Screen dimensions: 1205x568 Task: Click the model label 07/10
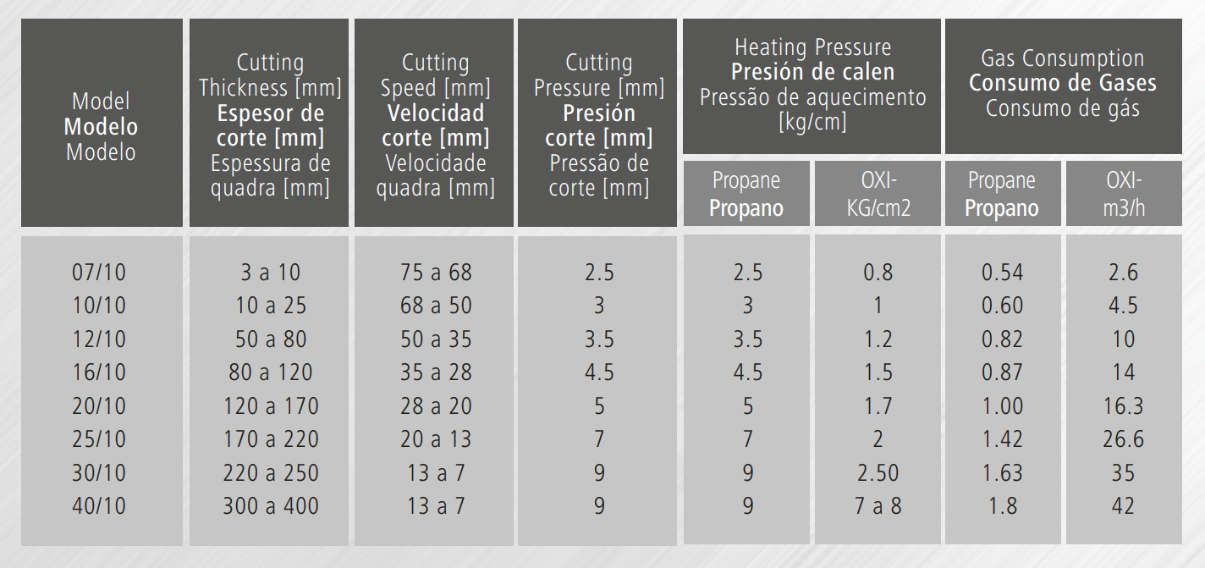click(x=99, y=273)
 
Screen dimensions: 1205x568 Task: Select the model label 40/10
click(x=99, y=506)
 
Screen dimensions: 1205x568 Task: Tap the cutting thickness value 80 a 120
click(x=271, y=372)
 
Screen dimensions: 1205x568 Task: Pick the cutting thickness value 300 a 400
click(x=271, y=506)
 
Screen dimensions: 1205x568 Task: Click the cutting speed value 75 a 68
click(x=436, y=273)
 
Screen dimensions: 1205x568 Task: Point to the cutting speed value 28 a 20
click(x=436, y=406)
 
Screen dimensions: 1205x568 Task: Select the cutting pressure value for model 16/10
click(x=599, y=372)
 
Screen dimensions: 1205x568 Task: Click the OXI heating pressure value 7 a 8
click(x=878, y=506)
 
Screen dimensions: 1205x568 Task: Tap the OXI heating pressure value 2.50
click(x=878, y=473)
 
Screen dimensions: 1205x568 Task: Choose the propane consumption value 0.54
click(x=1002, y=273)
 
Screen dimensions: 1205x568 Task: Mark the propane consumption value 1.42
click(x=1002, y=439)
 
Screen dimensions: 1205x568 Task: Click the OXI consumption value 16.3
click(x=1123, y=406)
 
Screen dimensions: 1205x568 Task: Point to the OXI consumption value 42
click(x=1123, y=506)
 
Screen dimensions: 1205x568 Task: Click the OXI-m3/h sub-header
click(x=1124, y=194)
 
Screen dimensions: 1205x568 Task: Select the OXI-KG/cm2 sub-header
click(x=878, y=194)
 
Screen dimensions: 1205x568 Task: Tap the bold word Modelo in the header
click(x=101, y=127)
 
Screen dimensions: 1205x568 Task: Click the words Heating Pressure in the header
click(x=813, y=47)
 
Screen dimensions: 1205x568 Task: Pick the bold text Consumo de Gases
click(x=1063, y=83)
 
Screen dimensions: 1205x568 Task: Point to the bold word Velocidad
click(x=436, y=113)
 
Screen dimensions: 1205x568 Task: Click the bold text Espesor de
click(x=271, y=113)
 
